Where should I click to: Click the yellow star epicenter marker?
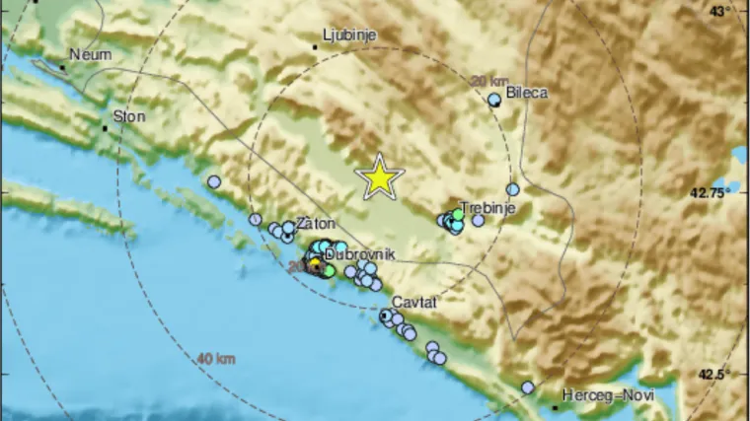[379, 177]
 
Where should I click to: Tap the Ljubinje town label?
[351, 35]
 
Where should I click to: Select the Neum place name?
[88, 55]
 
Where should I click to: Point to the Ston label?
[130, 116]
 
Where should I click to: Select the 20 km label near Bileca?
[490, 81]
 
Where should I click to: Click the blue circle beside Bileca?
[495, 100]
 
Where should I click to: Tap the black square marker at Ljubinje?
[315, 45]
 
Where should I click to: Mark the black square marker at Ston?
[105, 127]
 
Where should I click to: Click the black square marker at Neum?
[62, 67]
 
